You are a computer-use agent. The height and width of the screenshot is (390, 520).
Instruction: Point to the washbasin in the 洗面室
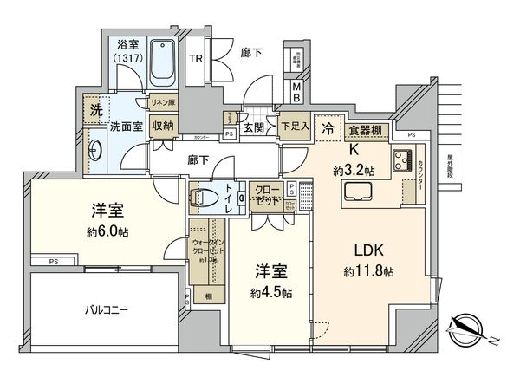pos(96,149)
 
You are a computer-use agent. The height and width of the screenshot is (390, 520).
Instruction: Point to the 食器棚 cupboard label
pos(367,130)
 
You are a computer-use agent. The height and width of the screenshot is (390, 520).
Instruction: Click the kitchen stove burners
pos(404,159)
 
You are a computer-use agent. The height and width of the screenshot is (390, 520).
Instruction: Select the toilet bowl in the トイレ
pos(205,197)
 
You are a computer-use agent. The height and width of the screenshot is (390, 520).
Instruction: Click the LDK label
pos(367,251)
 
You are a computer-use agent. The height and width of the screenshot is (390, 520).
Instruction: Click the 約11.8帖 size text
pos(367,271)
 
